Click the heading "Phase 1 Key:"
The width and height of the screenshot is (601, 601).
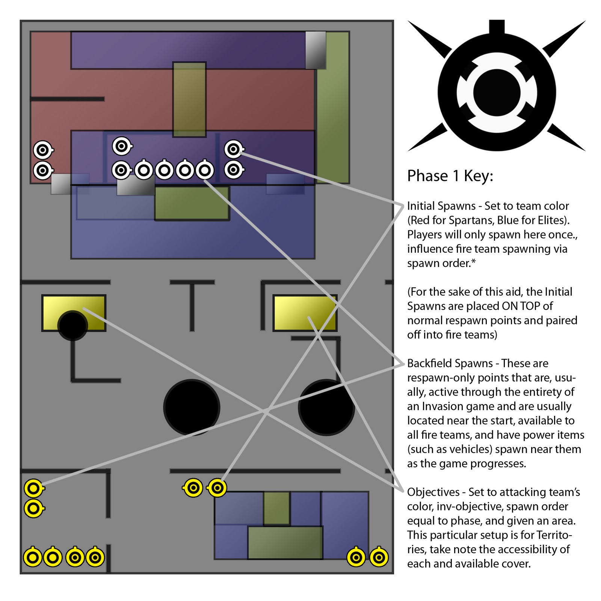(x=450, y=176)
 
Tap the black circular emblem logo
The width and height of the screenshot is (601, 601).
(x=497, y=92)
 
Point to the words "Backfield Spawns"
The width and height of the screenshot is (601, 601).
(x=450, y=363)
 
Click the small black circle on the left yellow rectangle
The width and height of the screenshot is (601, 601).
(x=72, y=325)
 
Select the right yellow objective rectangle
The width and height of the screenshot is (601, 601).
(x=305, y=313)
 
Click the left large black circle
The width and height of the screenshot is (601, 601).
(x=192, y=407)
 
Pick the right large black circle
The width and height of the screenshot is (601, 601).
(x=326, y=407)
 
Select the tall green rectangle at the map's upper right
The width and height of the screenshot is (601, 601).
(x=333, y=107)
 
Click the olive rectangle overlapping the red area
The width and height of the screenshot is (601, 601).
(x=189, y=100)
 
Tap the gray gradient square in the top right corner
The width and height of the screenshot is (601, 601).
(x=315, y=50)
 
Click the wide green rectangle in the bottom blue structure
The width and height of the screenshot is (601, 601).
(x=285, y=542)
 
